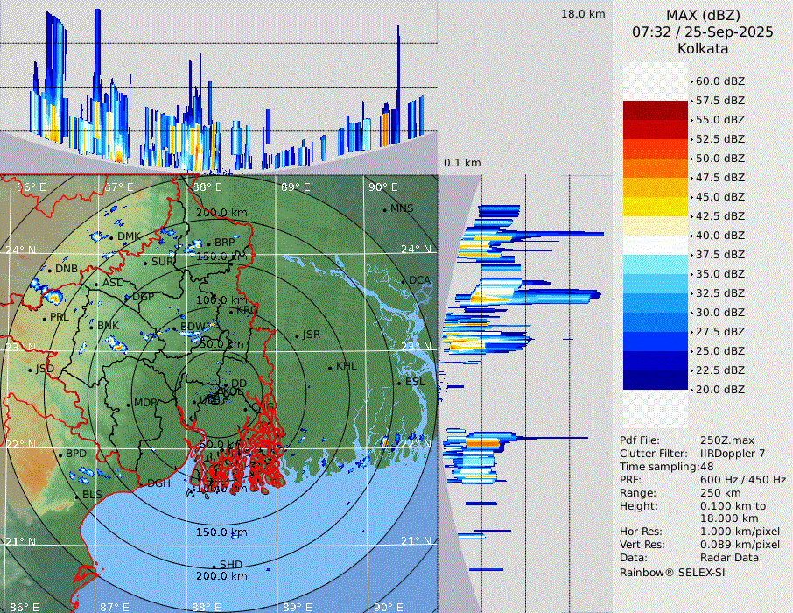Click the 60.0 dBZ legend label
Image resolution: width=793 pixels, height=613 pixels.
coord(719,81)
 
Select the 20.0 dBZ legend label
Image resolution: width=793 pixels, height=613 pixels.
coord(719,390)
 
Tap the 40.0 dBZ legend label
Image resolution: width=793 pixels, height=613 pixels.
coord(719,236)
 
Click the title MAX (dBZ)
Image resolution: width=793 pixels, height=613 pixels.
coord(703,16)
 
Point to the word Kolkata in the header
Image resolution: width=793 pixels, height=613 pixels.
coord(703,48)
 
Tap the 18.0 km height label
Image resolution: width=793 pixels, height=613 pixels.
coord(583,14)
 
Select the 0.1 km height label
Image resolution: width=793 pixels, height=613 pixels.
coord(462,163)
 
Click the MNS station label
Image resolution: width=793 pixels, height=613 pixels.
coord(402,208)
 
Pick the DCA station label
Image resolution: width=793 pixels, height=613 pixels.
coord(419,280)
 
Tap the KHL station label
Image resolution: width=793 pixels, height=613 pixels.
coord(346,366)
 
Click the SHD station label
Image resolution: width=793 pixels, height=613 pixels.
coord(230,564)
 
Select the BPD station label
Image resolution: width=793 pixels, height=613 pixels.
coord(76,454)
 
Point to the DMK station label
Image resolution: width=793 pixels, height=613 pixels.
coord(129,236)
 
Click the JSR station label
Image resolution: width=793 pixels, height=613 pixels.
coord(311,335)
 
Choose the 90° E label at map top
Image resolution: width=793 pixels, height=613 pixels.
coord(382,187)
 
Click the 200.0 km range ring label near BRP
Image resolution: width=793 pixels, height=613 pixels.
coord(221,213)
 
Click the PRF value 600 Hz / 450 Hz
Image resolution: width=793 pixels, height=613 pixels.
coord(743,480)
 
